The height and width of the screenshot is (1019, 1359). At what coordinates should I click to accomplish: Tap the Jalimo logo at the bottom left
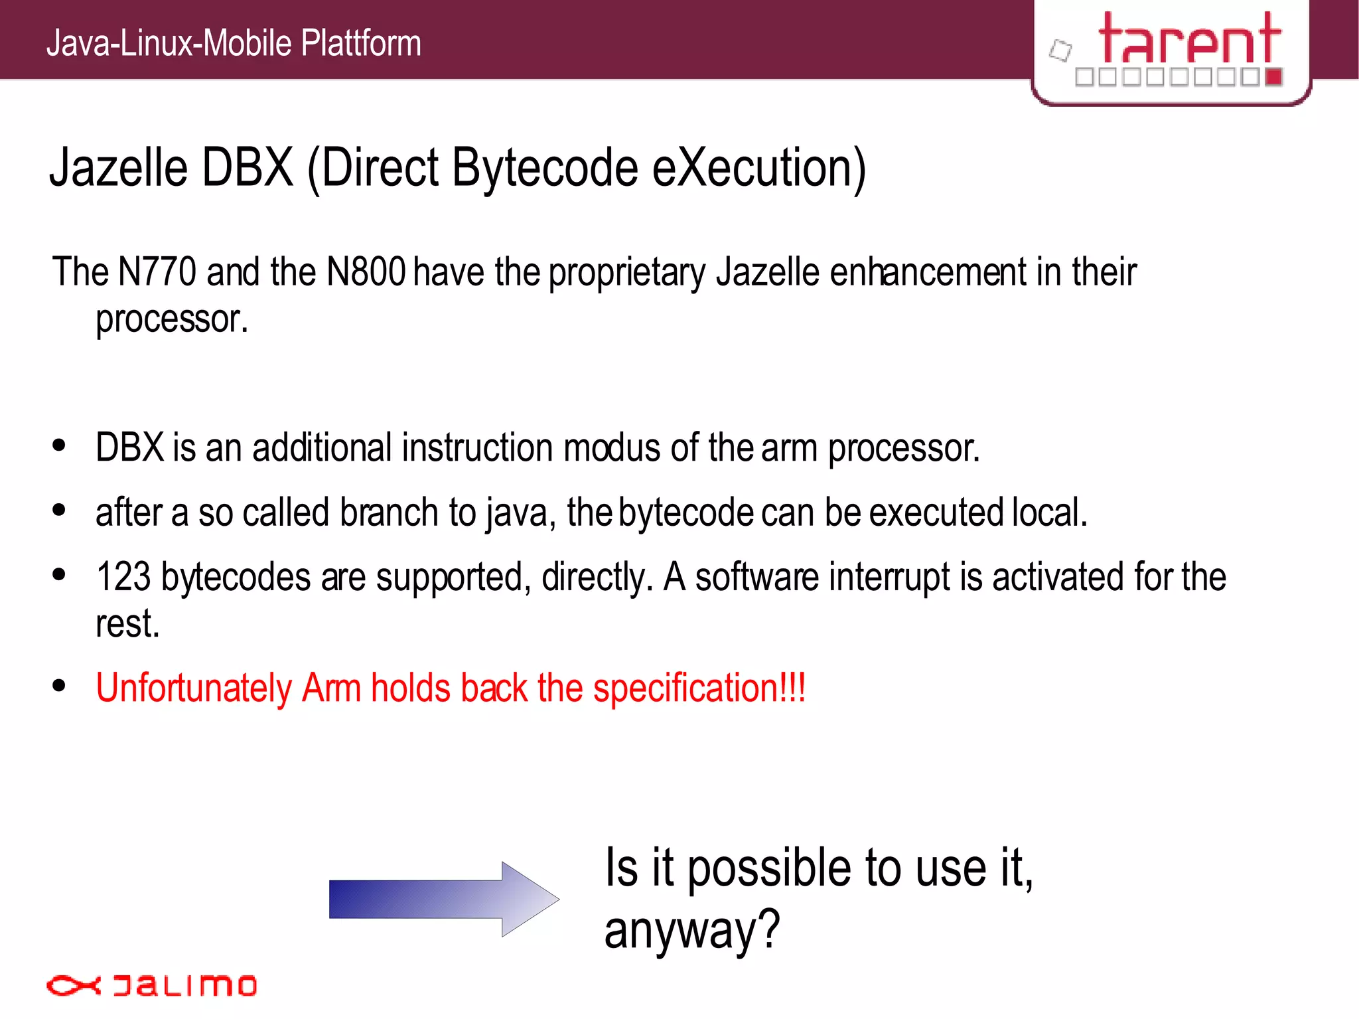pos(151,985)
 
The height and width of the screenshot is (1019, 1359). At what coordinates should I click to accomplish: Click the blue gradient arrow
pos(443,899)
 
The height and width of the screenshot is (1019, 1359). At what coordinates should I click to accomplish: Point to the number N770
pos(157,272)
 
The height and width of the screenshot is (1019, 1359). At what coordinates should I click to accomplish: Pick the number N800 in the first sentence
pos(366,272)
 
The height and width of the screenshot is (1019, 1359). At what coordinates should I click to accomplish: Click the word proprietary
pos(627,274)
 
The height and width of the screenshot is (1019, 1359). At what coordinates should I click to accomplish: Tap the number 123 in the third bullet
pos(123,576)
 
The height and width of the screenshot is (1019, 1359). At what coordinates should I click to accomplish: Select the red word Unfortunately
pos(193,688)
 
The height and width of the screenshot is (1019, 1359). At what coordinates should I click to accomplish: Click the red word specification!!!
pos(699,688)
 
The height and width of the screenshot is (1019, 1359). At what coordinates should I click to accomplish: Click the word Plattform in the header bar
pos(361,44)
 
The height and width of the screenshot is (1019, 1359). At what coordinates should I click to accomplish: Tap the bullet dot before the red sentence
pos(59,685)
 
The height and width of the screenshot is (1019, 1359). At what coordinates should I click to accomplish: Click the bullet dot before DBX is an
pos(59,445)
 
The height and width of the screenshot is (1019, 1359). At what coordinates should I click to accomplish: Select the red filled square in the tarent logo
pos(1273,77)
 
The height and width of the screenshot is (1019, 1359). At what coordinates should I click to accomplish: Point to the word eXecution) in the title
pos(759,169)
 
